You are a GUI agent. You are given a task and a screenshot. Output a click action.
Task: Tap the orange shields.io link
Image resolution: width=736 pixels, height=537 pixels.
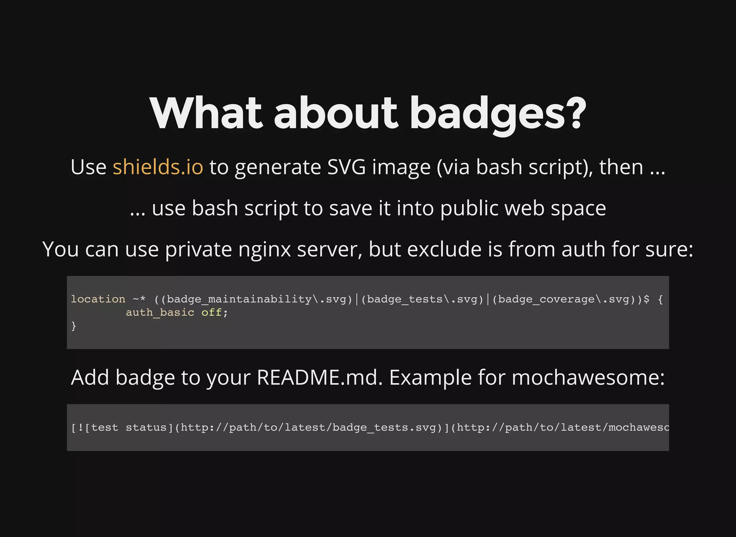[x=158, y=167]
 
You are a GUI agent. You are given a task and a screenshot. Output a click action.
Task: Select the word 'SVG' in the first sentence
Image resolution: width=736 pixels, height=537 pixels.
[x=346, y=167]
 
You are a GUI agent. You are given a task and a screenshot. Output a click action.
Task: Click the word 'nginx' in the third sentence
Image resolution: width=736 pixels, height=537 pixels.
[x=264, y=249]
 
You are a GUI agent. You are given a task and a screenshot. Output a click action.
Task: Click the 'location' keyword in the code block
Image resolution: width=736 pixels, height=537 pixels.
[x=98, y=299]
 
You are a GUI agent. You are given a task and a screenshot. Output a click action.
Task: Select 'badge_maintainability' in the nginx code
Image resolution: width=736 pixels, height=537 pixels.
[x=239, y=299]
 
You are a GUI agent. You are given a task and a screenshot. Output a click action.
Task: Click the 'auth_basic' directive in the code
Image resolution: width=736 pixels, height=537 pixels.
[x=160, y=312]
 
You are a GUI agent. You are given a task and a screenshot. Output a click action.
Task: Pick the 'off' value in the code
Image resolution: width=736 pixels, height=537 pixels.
[x=211, y=312]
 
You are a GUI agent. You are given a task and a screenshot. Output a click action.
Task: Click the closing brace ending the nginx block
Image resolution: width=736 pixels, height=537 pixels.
[x=74, y=326]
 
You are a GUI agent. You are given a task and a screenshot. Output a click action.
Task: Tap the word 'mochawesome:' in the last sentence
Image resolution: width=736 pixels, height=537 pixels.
[x=588, y=378]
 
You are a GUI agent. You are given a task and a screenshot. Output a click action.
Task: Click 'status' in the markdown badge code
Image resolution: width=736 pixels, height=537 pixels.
[x=146, y=427]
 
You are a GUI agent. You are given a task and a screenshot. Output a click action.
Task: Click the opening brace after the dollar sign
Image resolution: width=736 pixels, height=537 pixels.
[x=660, y=299]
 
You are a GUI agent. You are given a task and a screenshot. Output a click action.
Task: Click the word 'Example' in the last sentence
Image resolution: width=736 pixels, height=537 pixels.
[x=430, y=378]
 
